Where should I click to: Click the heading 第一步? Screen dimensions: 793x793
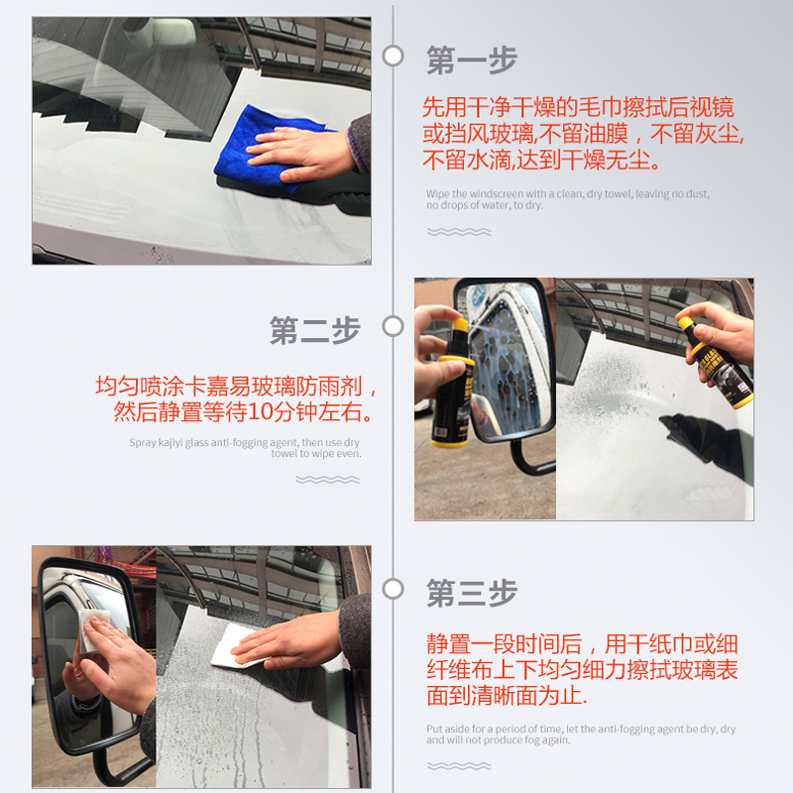472,60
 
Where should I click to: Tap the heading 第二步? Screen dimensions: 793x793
314,330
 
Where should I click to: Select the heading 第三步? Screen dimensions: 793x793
472,593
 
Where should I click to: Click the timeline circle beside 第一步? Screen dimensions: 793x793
393,56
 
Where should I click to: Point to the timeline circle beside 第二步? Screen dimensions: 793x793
393,326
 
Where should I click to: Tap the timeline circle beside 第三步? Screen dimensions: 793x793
393,589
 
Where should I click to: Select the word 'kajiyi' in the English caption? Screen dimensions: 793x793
170,443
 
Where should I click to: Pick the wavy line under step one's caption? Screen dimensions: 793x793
459,232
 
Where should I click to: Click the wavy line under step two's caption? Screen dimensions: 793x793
328,480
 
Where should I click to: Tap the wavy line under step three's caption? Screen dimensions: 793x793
459,766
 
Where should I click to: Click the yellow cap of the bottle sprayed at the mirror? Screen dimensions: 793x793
459,325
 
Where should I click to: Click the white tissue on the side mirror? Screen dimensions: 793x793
92,629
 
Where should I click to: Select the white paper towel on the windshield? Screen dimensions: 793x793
235,646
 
